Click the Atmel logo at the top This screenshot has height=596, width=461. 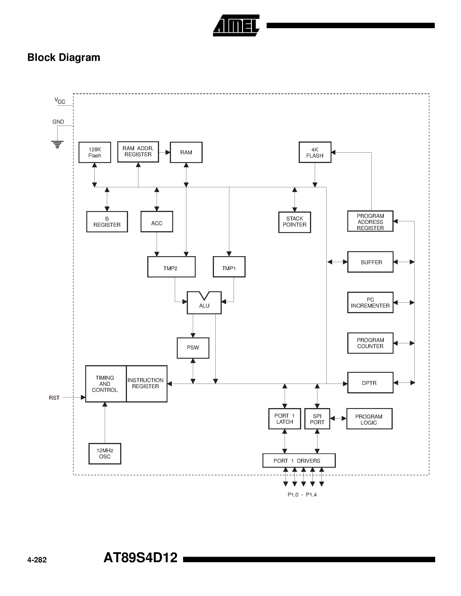[236, 25]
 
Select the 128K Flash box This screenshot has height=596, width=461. [95, 152]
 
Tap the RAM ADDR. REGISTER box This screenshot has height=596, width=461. [138, 152]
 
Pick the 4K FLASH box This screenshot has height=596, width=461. [315, 152]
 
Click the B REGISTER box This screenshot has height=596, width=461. [107, 221]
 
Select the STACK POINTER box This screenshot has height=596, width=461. [294, 222]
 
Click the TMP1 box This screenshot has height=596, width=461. [229, 267]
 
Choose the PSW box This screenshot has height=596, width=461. [193, 348]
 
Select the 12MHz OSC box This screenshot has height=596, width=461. [105, 454]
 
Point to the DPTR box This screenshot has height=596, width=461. [370, 383]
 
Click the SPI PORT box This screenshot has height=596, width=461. [317, 419]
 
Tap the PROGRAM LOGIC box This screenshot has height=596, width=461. [369, 419]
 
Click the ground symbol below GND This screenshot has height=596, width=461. [57, 144]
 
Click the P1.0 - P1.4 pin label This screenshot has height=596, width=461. [302, 495]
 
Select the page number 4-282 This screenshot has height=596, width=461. [37, 560]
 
